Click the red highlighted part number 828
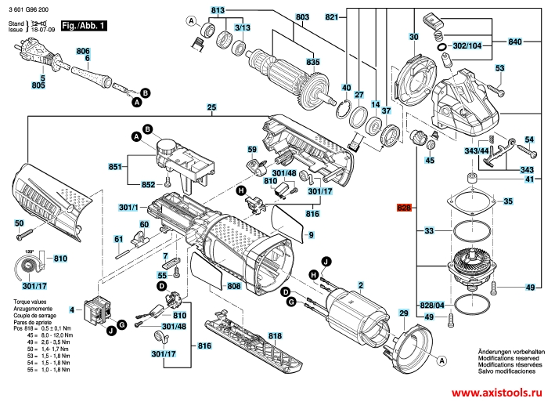tap(404, 209)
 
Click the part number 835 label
tap(313, 62)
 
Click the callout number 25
tap(211, 107)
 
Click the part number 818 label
tap(274, 336)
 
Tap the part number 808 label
tap(234, 286)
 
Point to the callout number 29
tap(404, 313)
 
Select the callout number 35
tap(508, 201)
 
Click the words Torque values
tap(23, 302)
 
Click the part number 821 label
tap(331, 16)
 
